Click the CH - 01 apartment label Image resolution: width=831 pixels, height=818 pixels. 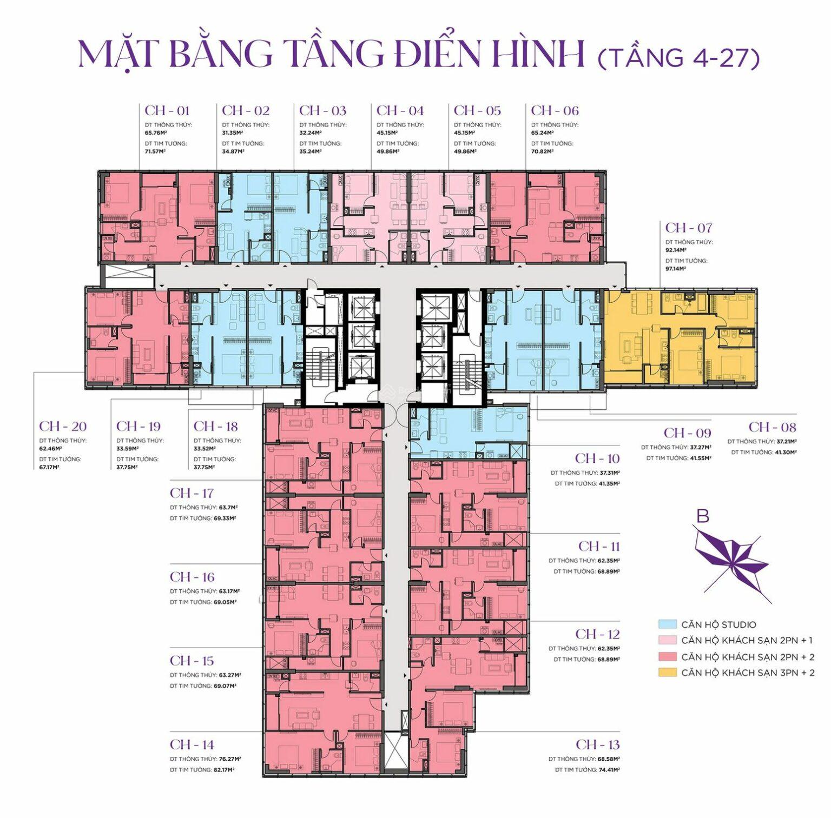(167, 111)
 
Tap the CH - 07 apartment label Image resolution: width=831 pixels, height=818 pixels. (688, 228)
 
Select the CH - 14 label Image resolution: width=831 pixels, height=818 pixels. (192, 744)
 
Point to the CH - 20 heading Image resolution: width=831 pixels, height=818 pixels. (63, 426)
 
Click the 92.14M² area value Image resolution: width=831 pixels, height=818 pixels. (676, 250)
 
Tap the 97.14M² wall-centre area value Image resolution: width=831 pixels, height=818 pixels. (676, 269)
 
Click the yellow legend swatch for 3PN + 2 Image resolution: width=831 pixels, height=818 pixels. (668, 673)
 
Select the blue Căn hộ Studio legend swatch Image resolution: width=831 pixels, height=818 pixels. (668, 624)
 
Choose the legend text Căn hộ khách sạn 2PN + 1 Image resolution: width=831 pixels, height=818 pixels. (747, 641)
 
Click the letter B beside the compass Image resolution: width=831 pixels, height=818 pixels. (702, 516)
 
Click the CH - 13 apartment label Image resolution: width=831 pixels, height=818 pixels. (597, 744)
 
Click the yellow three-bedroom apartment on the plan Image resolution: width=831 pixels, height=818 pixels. (679, 338)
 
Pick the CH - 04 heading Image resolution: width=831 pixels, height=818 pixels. (400, 111)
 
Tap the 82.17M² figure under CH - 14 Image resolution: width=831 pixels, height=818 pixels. (223, 770)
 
